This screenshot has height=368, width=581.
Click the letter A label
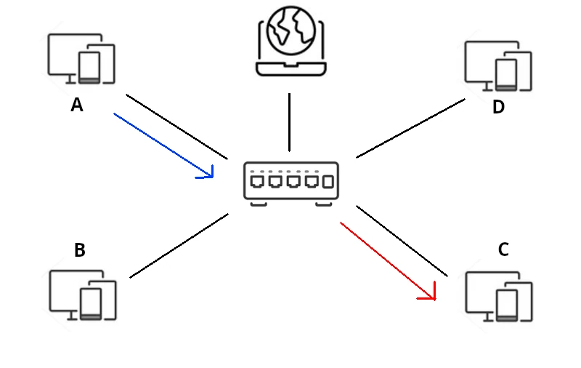click(x=77, y=105)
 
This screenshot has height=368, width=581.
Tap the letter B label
click(x=80, y=251)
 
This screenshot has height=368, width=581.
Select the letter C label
click(x=503, y=250)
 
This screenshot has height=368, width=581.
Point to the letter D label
click(x=498, y=108)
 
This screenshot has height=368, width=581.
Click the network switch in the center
click(x=291, y=181)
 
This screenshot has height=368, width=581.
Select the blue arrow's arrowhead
click(x=209, y=173)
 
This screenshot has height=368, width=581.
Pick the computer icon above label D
click(x=498, y=66)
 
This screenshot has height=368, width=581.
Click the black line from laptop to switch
click(x=290, y=121)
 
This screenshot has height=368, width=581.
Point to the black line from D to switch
click(x=410, y=128)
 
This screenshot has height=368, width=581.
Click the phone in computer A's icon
click(x=89, y=68)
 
